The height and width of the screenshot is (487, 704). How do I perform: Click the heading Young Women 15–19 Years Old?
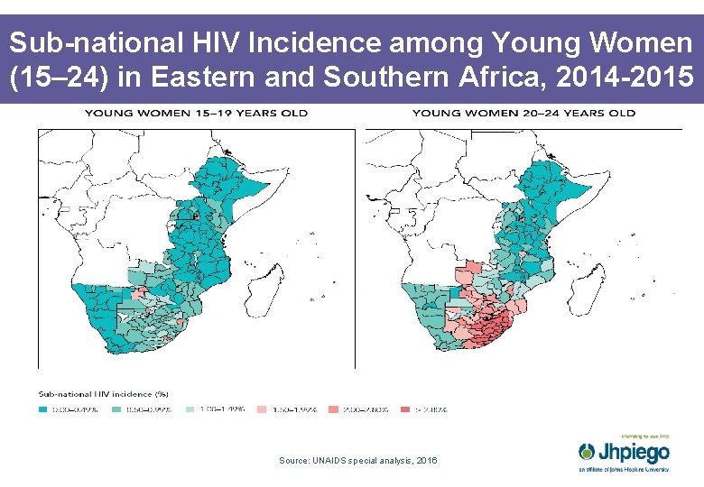(x=196, y=113)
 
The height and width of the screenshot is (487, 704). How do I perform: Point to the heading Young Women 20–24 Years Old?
(x=523, y=113)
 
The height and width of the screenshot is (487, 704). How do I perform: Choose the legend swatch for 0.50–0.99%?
(x=117, y=409)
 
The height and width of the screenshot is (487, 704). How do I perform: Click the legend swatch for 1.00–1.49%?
(x=190, y=409)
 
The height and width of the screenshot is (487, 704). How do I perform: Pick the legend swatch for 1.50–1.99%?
(x=263, y=409)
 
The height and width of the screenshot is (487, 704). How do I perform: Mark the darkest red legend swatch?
(x=407, y=409)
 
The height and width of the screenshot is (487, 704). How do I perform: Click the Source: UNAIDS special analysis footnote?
(x=358, y=461)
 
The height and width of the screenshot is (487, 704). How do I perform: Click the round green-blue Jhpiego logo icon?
(x=588, y=450)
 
